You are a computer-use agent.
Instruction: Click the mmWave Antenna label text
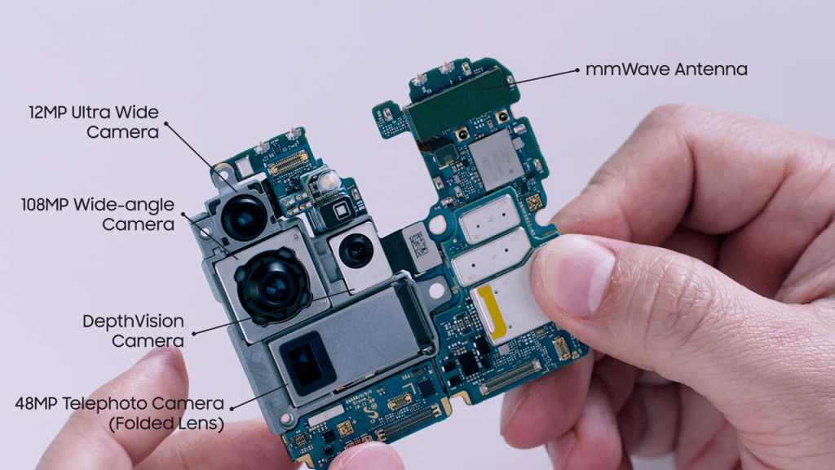666,69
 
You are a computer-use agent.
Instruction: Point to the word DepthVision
133,321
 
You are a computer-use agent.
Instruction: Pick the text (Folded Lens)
166,423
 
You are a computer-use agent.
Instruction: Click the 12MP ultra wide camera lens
244,217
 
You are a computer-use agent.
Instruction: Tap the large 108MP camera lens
273,286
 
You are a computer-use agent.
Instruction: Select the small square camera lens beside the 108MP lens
356,250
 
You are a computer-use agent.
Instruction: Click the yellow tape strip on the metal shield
490,312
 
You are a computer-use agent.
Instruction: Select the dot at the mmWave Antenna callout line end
577,70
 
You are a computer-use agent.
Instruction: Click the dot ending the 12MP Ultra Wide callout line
166,124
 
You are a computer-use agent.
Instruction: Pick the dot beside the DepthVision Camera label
194,334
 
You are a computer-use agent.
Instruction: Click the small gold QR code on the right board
534,202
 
